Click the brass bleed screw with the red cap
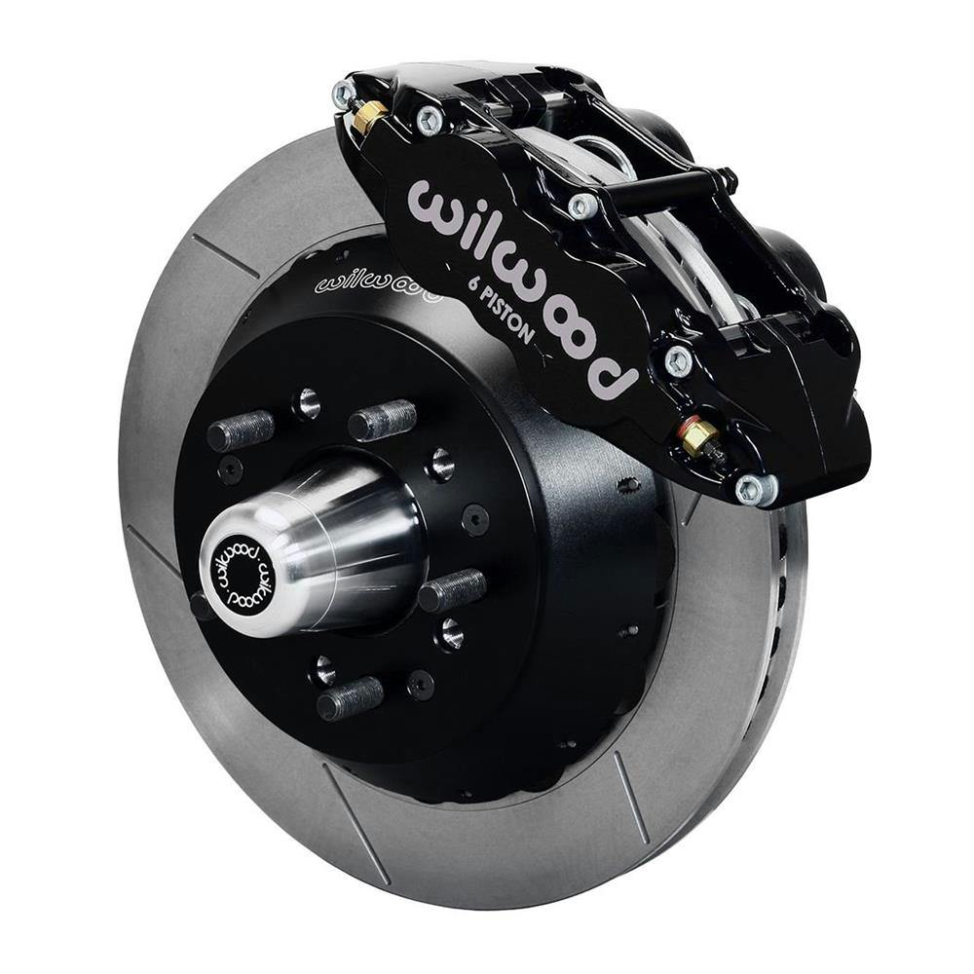tap(698, 435)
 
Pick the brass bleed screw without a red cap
tap(368, 118)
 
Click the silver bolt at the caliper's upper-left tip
tap(343, 93)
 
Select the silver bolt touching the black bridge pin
tap(581, 205)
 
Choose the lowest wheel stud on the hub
tap(350, 697)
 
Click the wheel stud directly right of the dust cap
tap(452, 590)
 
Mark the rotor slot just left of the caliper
tap(225, 255)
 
